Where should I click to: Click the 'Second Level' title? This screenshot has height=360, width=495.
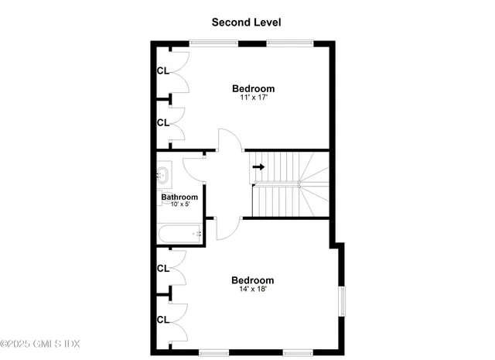[x=247, y=22]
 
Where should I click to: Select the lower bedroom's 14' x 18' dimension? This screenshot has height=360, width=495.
[x=253, y=290]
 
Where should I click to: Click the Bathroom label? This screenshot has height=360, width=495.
[x=179, y=197]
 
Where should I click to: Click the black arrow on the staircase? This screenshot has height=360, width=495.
[x=258, y=166]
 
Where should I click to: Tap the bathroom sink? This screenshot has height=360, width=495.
[x=163, y=174]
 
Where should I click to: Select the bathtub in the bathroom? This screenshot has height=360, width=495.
[x=179, y=233]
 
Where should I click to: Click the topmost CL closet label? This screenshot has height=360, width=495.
[x=162, y=70]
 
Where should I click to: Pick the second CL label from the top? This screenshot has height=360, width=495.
[x=162, y=123]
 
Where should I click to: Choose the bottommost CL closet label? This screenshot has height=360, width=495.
[x=162, y=319]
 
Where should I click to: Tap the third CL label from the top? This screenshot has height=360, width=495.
[x=162, y=269]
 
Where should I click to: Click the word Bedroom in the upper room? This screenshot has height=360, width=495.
[x=254, y=89]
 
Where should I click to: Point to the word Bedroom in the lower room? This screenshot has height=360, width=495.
[x=253, y=280]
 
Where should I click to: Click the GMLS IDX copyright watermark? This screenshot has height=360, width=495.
[x=40, y=343]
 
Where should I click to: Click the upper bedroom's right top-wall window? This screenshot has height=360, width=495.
[x=289, y=43]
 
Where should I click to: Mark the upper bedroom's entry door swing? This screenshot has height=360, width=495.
[x=229, y=139]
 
